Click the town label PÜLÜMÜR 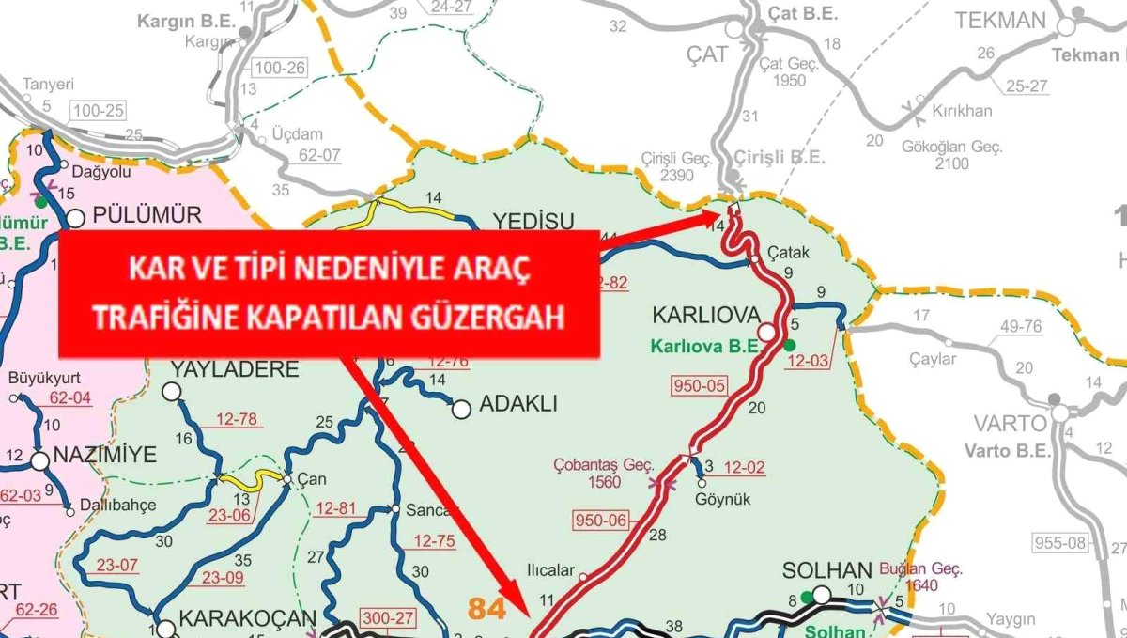(147, 215)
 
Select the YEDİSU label (533, 222)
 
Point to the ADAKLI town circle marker (460, 409)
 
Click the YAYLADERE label (233, 369)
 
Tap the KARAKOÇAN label (235, 620)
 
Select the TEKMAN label (1000, 22)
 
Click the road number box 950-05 (701, 384)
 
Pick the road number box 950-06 (599, 520)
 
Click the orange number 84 (487, 609)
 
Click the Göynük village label (723, 500)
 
